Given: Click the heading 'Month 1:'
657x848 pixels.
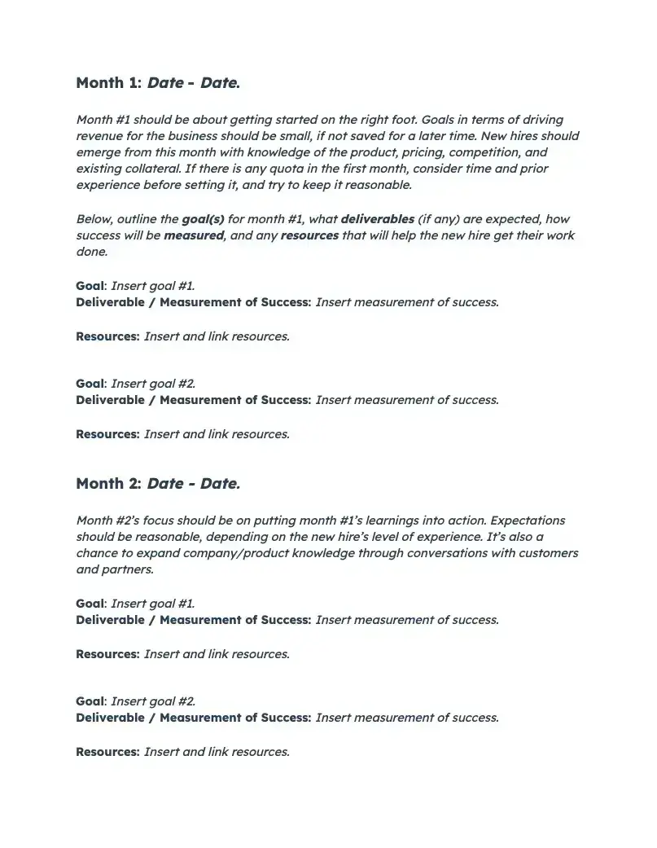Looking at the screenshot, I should click(109, 82).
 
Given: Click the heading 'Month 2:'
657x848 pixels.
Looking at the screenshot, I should click(109, 483).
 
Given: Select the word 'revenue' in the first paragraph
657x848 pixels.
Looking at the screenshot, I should click(100, 136).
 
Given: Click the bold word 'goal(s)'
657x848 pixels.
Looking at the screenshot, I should click(203, 219).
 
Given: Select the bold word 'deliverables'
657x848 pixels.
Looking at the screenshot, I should click(377, 219).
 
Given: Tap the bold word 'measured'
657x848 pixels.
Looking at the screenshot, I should click(193, 235).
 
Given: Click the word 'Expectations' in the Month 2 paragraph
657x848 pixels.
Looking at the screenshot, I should click(528, 521).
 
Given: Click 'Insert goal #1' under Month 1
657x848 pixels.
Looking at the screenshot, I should click(152, 286).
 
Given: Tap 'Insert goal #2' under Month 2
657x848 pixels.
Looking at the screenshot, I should click(152, 701).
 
